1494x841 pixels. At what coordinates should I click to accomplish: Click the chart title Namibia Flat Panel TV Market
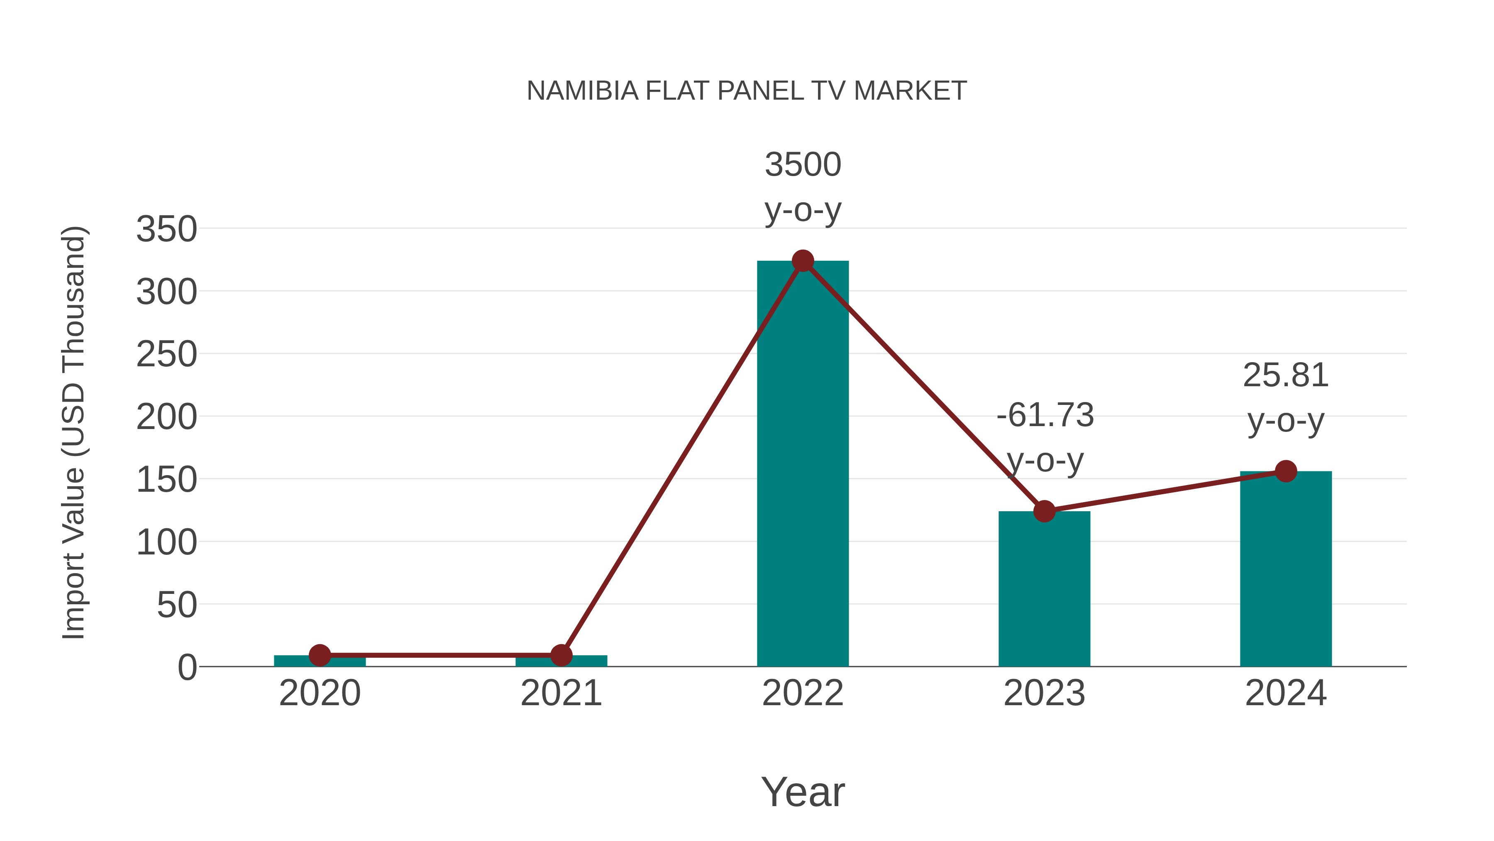click(747, 91)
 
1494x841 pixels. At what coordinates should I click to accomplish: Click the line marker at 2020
click(320, 655)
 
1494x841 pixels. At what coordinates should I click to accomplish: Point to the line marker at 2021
click(561, 655)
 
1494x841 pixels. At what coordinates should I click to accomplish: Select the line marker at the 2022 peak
click(803, 261)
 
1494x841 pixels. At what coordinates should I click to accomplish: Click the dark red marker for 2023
click(1044, 511)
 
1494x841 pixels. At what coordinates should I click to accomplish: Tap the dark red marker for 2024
click(1286, 471)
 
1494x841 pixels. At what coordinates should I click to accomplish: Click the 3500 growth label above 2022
click(803, 165)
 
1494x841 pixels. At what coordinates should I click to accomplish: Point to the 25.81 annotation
click(1286, 375)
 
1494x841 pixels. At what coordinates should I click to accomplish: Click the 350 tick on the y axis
click(166, 229)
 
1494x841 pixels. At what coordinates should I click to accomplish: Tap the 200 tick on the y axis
click(166, 417)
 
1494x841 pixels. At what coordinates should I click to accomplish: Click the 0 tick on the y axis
click(187, 667)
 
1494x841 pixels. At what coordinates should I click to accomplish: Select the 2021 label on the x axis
click(561, 694)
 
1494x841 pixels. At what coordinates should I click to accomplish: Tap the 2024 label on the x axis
click(1286, 694)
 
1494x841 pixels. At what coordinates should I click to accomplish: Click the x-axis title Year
click(803, 792)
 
